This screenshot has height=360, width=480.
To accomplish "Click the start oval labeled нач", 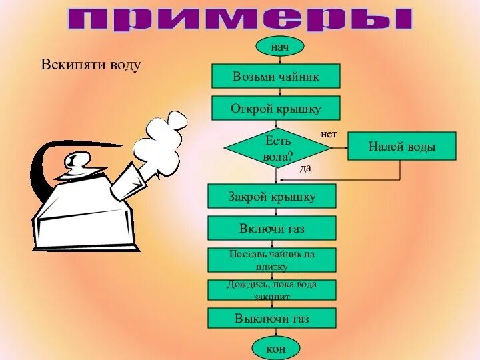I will coord(279,46).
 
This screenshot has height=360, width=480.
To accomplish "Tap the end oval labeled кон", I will coord(276,348).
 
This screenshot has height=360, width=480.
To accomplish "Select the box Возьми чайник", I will coord(276,76).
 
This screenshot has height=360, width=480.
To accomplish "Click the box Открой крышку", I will coord(276,108).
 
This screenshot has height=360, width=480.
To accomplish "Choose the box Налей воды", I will coord(402,146).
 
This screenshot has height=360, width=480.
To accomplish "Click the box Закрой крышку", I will coord(272,196).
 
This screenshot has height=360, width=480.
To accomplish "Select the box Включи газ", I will coord(272,228).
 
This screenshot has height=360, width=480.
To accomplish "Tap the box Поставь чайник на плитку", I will coord(272,260).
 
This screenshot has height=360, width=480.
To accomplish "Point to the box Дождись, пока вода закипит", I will coord(272,290).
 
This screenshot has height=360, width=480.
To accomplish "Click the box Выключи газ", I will coord(272,319).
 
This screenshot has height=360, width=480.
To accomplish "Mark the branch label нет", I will coord(329,134).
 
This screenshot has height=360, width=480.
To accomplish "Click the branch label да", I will coord(305,169).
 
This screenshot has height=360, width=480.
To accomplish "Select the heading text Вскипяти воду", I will coord(91,65).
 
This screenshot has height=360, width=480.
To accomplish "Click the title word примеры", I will coord(240,19).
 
